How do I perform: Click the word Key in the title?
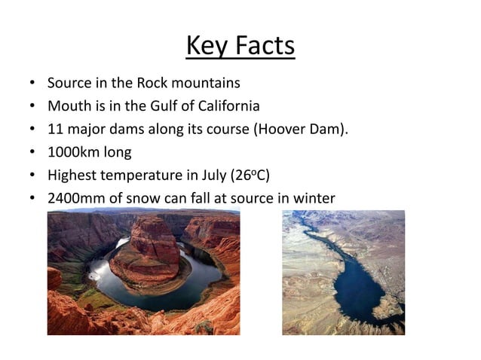coord(204,46)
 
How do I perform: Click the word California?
coord(225,105)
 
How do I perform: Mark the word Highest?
coord(73,175)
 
